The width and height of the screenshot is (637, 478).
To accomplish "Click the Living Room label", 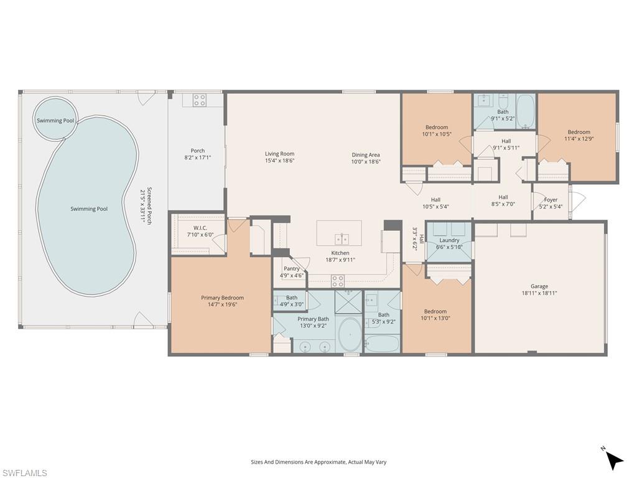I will point(279,154).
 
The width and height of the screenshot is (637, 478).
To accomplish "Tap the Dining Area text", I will point(365,155).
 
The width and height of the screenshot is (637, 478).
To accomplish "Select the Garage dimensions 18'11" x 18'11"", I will point(539,293).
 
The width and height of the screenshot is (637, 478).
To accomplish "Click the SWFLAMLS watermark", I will point(24,473).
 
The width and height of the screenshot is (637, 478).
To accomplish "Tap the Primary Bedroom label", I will point(222,298).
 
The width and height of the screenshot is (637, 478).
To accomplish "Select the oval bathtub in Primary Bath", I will point(349,334).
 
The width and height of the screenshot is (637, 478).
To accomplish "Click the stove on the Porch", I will point(199,100).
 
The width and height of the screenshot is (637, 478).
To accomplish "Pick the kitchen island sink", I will point(340,238).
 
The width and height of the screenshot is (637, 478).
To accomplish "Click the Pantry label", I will point(291,268).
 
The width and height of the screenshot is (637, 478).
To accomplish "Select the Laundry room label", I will point(449,240).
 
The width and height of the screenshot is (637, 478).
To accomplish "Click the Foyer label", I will point(551,200).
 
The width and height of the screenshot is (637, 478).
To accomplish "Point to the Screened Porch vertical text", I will point(146,206).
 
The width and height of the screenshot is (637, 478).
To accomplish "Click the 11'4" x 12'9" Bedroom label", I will point(578,132).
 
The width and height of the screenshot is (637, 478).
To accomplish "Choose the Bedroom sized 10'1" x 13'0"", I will point(435,311).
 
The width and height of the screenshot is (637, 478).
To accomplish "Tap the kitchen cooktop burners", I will point(337,281).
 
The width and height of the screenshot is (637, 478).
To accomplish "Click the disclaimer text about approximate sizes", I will point(318,462).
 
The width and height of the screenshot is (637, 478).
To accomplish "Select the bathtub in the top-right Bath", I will point(525,110).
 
